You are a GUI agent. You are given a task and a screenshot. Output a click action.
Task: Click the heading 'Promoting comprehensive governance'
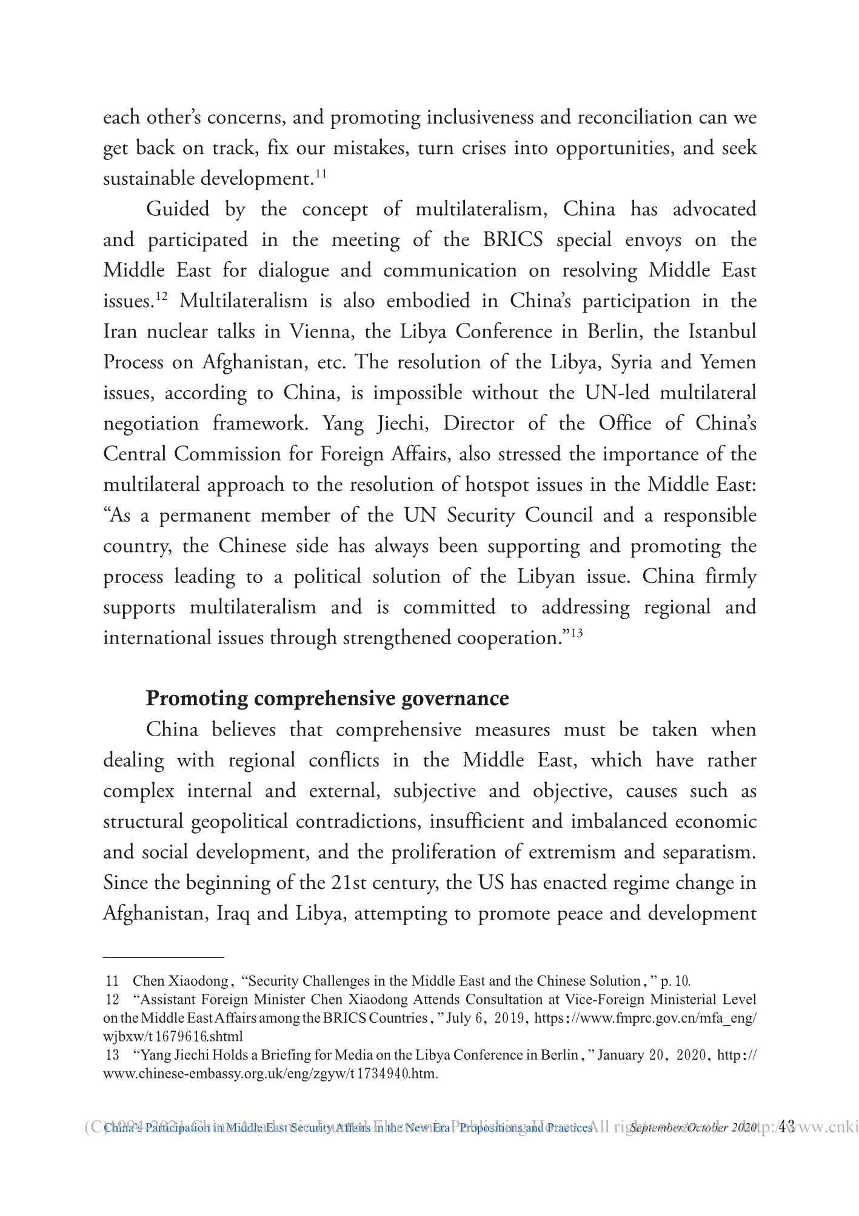(x=327, y=699)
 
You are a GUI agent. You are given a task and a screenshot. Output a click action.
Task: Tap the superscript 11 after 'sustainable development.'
(x=321, y=174)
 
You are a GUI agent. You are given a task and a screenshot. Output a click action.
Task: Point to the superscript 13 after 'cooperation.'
(x=577, y=634)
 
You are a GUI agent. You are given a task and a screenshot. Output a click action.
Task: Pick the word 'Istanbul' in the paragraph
(x=723, y=332)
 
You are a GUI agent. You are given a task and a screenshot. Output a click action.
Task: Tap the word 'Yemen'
(x=728, y=362)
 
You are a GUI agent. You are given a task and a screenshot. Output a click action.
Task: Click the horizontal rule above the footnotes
(x=164, y=957)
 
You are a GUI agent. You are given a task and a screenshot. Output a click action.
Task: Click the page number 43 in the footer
(x=786, y=1127)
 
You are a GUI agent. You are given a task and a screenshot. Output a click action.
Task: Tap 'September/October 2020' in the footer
(x=694, y=1128)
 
